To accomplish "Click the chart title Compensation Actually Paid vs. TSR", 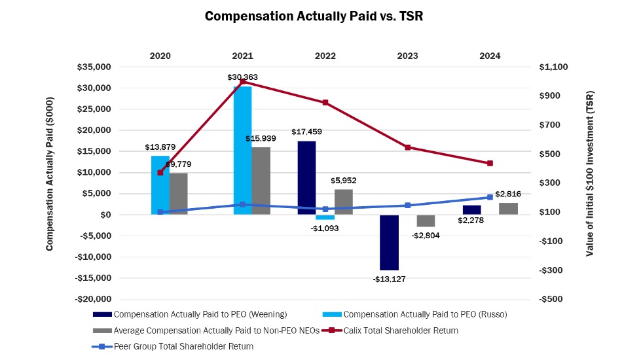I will coord(314,16).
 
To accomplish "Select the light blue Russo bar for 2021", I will coord(242,151).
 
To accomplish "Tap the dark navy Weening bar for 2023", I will coord(390,242).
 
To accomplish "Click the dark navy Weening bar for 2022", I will coord(307,178).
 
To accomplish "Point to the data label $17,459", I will coord(308,132).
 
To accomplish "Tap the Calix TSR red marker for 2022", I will coord(325,103).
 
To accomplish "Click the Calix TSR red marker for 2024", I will coord(490,163).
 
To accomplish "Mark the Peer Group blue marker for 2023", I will coord(407,206).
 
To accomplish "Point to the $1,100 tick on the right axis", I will coord(553,67).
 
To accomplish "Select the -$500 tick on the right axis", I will coord(551,299).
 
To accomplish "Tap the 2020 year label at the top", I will coord(160,56).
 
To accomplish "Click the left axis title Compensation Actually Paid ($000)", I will coord(50,174).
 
